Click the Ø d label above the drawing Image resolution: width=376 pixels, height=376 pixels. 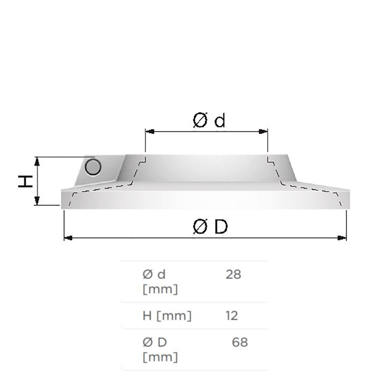click(x=209, y=120)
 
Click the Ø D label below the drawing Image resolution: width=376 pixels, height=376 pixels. click(x=211, y=227)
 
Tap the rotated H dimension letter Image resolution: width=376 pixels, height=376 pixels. click(x=25, y=182)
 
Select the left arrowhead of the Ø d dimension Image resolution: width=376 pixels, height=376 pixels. click(x=150, y=132)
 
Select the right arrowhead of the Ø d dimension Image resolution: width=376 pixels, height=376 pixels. click(x=263, y=132)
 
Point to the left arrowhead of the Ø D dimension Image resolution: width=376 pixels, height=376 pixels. click(x=68, y=238)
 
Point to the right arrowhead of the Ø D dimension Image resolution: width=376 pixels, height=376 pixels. click(x=342, y=238)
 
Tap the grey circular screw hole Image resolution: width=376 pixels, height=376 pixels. click(x=93, y=167)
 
